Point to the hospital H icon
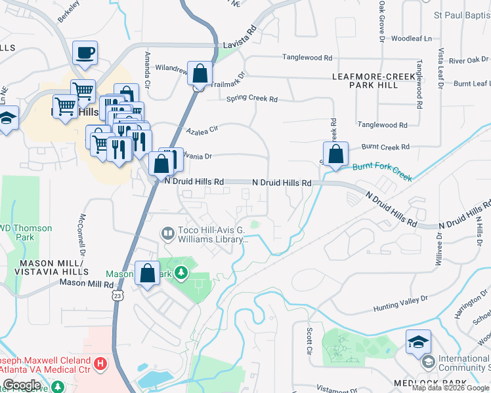click(100, 362)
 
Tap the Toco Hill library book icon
click(168, 233)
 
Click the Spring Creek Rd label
click(252, 99)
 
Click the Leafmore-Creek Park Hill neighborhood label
click(375, 81)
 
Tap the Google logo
click(22, 385)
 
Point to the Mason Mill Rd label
click(87, 284)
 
